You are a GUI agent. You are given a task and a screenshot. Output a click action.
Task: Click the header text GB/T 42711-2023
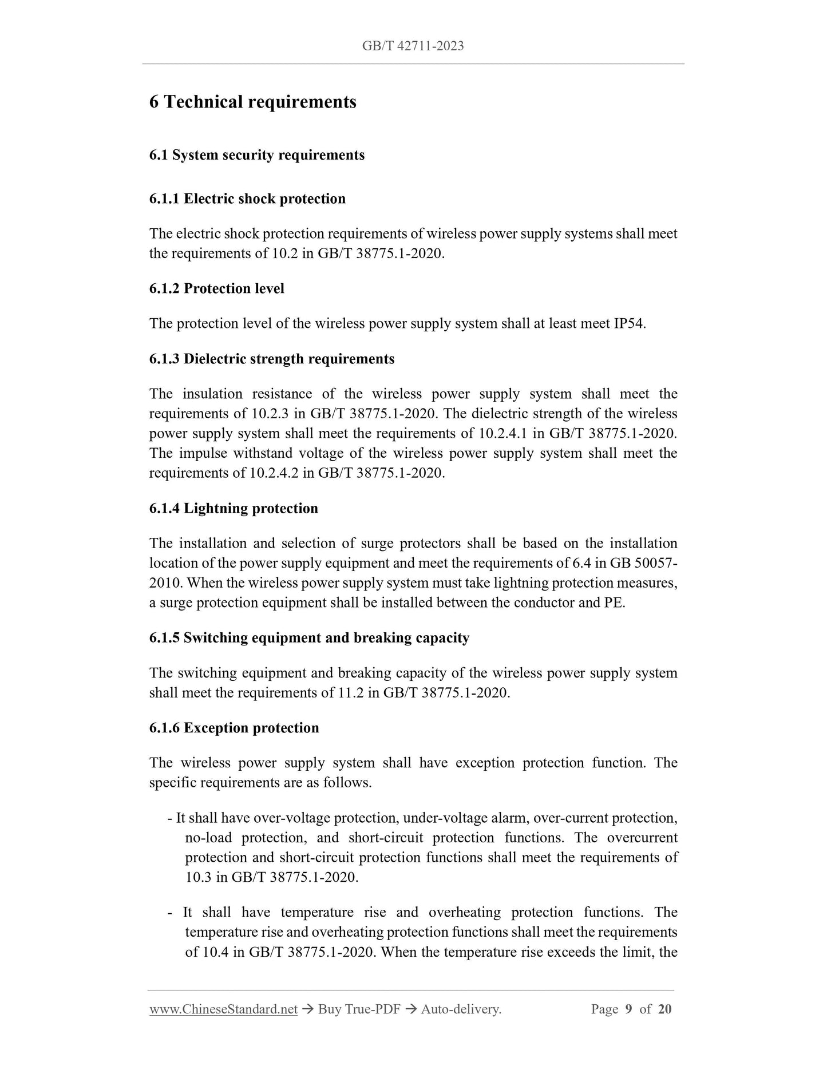click(x=413, y=46)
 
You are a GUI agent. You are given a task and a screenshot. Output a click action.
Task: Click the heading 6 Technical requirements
click(x=252, y=102)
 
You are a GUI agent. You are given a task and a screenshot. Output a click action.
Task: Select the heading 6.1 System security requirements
click(x=256, y=155)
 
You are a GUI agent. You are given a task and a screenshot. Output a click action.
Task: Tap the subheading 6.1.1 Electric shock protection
click(x=247, y=199)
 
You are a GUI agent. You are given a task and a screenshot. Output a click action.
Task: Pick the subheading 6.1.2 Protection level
click(x=216, y=288)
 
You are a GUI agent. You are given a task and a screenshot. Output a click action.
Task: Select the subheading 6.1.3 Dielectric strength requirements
click(x=272, y=359)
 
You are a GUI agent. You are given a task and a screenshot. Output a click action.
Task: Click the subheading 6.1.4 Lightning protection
click(x=234, y=508)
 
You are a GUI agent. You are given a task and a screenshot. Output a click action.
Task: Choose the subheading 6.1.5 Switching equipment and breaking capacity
click(x=309, y=638)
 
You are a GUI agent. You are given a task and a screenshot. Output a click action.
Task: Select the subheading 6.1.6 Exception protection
click(x=234, y=728)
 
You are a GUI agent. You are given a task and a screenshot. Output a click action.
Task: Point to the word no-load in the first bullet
click(x=208, y=838)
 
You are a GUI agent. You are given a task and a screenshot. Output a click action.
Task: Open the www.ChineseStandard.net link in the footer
click(x=223, y=1009)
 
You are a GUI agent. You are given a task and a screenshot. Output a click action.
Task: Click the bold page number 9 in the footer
click(x=628, y=1009)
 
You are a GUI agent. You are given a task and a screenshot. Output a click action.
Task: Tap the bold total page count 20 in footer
click(x=664, y=1009)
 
